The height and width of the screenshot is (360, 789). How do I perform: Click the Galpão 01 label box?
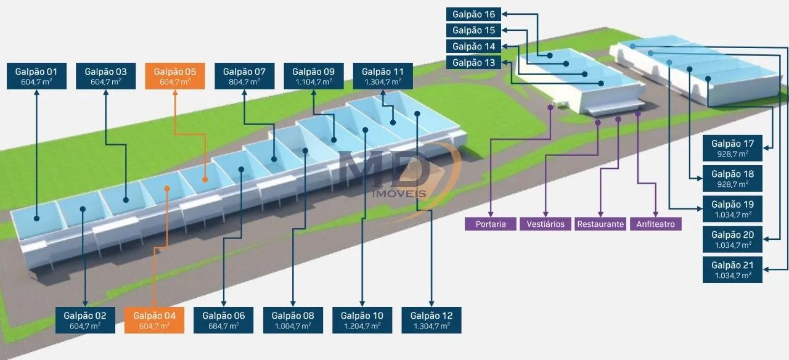(36, 76)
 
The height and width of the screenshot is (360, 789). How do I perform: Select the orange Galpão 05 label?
(175, 76)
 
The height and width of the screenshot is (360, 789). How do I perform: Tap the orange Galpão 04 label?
(154, 320)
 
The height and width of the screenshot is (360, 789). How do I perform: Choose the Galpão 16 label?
(473, 14)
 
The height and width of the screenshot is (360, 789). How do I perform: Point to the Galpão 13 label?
(473, 63)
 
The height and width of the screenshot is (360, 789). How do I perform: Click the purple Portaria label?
(490, 224)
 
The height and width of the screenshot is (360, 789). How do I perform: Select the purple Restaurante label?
(600, 224)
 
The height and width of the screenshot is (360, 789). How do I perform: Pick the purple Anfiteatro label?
(655, 224)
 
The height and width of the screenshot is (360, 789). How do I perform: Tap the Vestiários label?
(546, 224)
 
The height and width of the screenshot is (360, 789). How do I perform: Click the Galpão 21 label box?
(733, 270)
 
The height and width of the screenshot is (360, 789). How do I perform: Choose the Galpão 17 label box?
(733, 148)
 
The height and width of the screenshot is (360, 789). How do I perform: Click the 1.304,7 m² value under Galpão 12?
(431, 326)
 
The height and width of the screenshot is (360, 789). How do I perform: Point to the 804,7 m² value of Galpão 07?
(244, 82)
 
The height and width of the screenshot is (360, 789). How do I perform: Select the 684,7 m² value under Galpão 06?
(223, 326)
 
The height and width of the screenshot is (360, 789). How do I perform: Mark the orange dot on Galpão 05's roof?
(205, 179)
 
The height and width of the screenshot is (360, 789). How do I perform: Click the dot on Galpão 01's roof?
(36, 218)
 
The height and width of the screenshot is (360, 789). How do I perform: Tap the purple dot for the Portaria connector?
(550, 107)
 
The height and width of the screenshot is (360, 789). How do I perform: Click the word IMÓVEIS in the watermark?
(399, 194)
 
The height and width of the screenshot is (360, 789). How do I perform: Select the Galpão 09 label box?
(314, 76)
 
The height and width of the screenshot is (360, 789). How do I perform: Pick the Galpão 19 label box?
(733, 209)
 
